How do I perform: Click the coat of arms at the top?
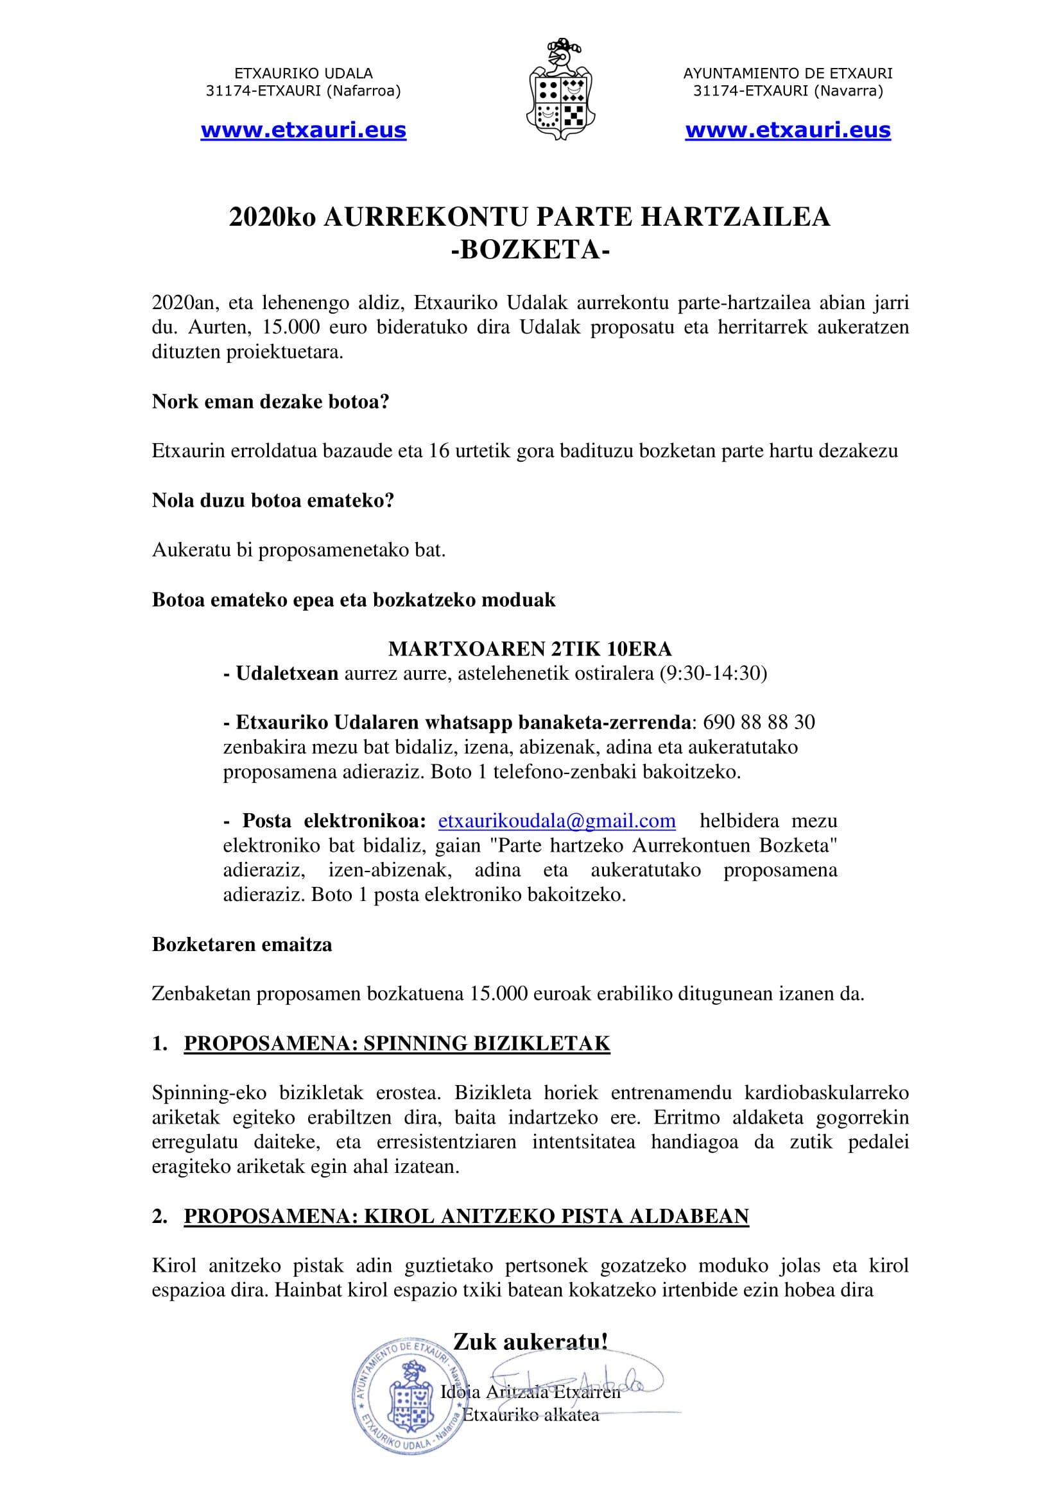pyautogui.click(x=561, y=90)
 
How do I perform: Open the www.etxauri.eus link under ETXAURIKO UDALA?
pyautogui.click(x=304, y=131)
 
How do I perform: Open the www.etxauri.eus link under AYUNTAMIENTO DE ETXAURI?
pyautogui.click(x=788, y=131)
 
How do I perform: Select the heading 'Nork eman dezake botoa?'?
pyautogui.click(x=271, y=401)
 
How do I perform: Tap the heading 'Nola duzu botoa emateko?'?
pyautogui.click(x=273, y=500)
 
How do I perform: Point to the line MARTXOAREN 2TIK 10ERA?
pyautogui.click(x=530, y=649)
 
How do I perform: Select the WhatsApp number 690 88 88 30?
pyautogui.click(x=759, y=722)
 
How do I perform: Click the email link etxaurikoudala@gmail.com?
pyautogui.click(x=556, y=821)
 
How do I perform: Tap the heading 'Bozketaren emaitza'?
pyautogui.click(x=242, y=945)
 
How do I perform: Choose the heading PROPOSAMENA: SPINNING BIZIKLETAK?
pyautogui.click(x=397, y=1044)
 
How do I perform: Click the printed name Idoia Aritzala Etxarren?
pyautogui.click(x=531, y=1392)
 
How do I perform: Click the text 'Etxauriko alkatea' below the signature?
pyautogui.click(x=531, y=1415)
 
